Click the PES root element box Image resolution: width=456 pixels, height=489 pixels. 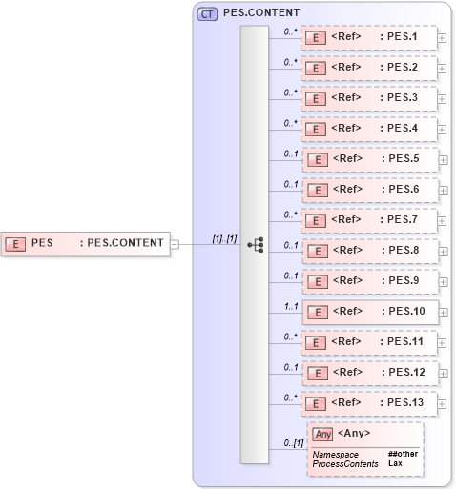pyautogui.click(x=85, y=243)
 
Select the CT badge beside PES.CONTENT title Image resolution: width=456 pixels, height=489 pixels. pyautogui.click(x=207, y=13)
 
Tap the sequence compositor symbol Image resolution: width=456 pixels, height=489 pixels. pyautogui.click(x=255, y=244)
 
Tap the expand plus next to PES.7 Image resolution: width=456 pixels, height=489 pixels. pyautogui.click(x=443, y=221)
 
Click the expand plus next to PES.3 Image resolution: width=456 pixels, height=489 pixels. pyautogui.click(x=443, y=99)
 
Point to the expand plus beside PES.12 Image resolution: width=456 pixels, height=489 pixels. pyautogui.click(x=443, y=374)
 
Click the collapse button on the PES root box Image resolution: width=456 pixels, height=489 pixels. pyautogui.click(x=174, y=244)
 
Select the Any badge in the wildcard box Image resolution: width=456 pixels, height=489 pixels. pyautogui.click(x=323, y=434)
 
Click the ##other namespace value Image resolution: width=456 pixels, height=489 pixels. pyautogui.click(x=403, y=454)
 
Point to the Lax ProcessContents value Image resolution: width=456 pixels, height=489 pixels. pyautogui.click(x=394, y=463)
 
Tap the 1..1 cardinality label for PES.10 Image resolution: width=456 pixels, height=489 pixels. pyautogui.click(x=291, y=305)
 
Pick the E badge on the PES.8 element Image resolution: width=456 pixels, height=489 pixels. pyautogui.click(x=318, y=252)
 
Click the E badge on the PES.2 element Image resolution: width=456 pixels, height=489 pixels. pyautogui.click(x=318, y=69)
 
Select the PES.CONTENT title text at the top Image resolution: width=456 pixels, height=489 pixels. pyautogui.click(x=261, y=13)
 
